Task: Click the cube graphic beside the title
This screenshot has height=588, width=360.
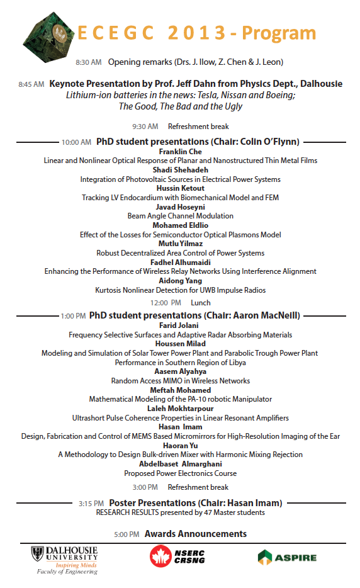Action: click(50, 35)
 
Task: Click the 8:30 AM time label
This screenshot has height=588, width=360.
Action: click(88, 62)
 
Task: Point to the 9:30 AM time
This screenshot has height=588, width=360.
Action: click(145, 127)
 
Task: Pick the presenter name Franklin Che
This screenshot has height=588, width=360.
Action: click(181, 152)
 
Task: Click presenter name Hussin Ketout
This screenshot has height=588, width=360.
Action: click(181, 188)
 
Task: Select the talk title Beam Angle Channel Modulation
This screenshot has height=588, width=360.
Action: click(181, 216)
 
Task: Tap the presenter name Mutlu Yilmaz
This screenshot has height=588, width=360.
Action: click(181, 244)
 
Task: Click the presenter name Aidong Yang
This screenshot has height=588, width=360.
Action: click(181, 281)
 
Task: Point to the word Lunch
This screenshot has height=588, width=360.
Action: click(201, 303)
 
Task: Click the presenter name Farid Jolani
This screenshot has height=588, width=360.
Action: click(181, 325)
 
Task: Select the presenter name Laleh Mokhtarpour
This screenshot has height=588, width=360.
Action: click(181, 409)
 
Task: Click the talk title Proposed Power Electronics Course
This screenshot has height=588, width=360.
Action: click(181, 473)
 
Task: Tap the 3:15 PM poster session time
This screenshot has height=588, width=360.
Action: click(91, 504)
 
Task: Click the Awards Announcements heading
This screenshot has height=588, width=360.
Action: click(195, 534)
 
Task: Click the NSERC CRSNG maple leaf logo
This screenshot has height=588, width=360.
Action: click(160, 557)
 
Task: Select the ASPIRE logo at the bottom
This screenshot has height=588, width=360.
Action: click(286, 557)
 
